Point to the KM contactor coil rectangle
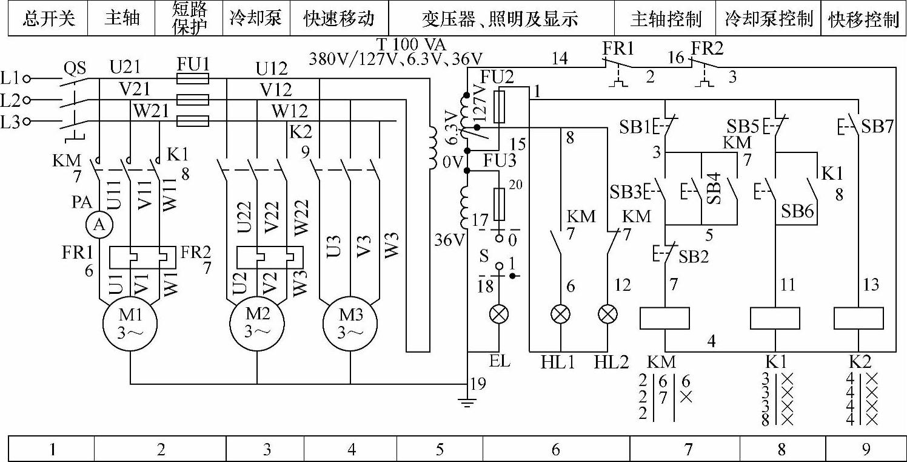pyautogui.click(x=665, y=318)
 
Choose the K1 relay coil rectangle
pyautogui.click(x=775, y=318)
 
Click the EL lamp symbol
pyautogui.click(x=499, y=314)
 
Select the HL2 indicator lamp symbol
pyautogui.click(x=607, y=314)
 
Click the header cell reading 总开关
pyautogui.click(x=49, y=18)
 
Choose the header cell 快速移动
pyautogui.click(x=339, y=18)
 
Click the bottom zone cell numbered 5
pyautogui.click(x=440, y=449)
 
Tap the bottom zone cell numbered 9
pyautogui.click(x=866, y=449)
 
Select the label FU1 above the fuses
pyautogui.click(x=193, y=63)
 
